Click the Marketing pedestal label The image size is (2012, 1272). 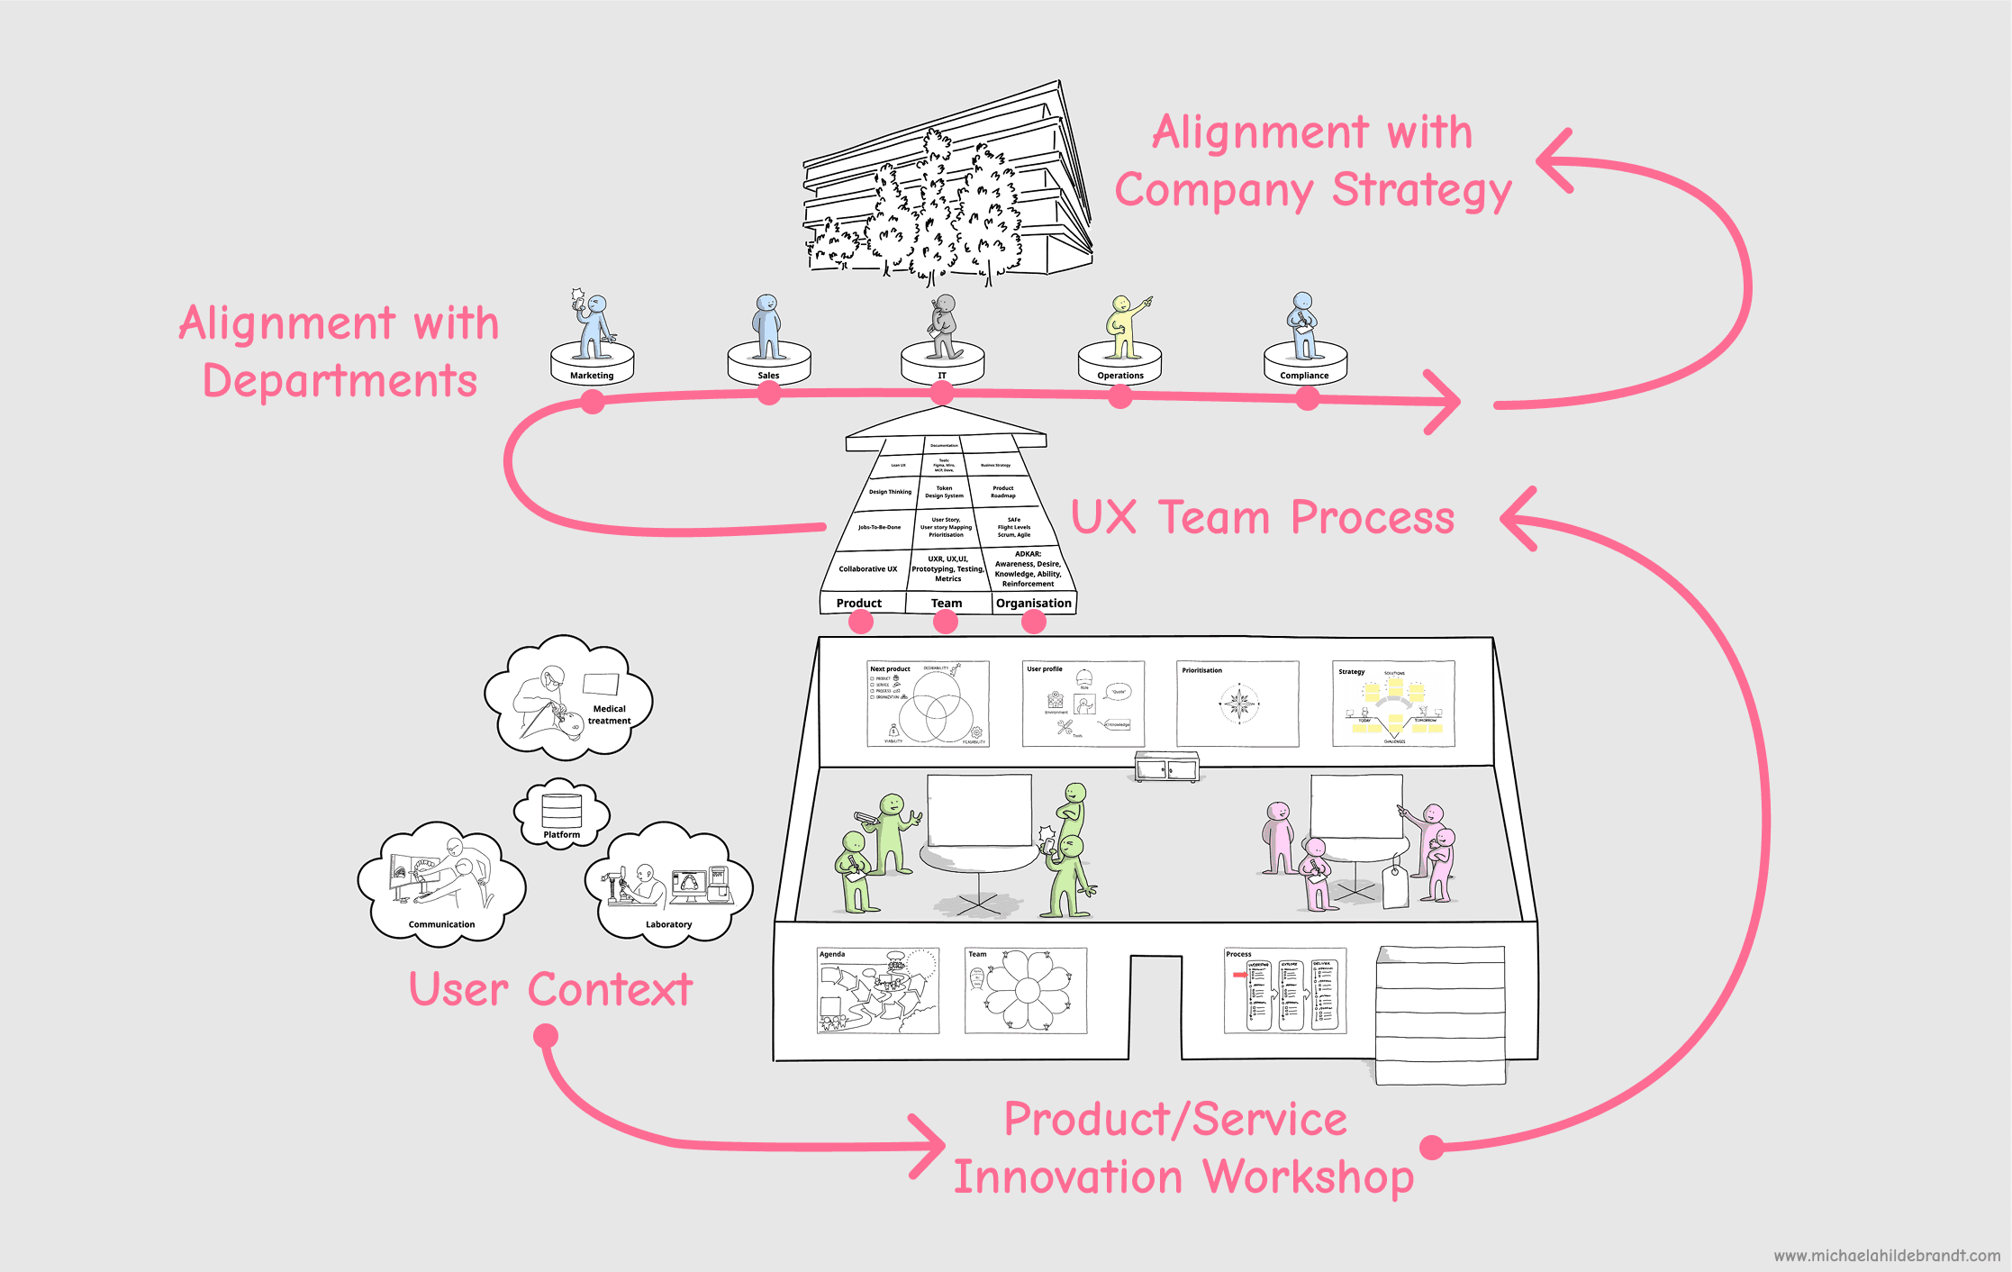(x=592, y=376)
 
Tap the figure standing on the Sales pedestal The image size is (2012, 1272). (x=767, y=326)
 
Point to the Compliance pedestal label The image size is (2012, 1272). (x=1304, y=376)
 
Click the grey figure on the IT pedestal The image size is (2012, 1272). (x=943, y=326)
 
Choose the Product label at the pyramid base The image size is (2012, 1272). (x=859, y=603)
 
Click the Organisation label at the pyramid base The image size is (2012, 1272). (x=1034, y=603)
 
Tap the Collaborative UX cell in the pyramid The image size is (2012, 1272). (x=868, y=568)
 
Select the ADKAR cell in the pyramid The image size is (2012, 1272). (x=1028, y=568)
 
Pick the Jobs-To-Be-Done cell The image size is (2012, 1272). (x=879, y=527)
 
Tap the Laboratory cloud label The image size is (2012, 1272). (x=668, y=924)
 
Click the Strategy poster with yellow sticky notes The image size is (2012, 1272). (x=1393, y=704)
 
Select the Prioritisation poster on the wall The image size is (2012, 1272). (x=1237, y=704)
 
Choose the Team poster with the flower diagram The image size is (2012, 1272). (x=1026, y=990)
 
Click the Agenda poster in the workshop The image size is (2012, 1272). (x=878, y=990)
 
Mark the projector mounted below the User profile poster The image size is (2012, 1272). (x=1166, y=767)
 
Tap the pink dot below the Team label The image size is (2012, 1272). (x=946, y=622)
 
